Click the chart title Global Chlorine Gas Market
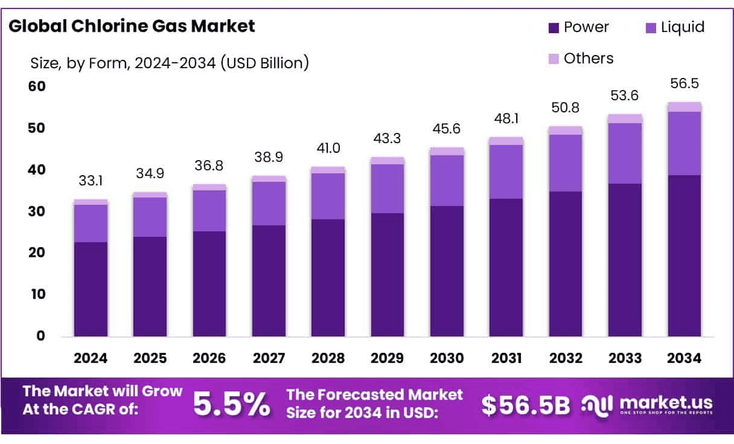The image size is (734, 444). click(x=132, y=26)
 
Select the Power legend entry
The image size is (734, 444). click(x=578, y=27)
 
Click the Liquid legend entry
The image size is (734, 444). click(x=674, y=27)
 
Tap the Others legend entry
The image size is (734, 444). click(x=581, y=59)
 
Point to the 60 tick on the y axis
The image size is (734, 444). click(x=37, y=86)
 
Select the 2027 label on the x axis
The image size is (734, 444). click(x=269, y=358)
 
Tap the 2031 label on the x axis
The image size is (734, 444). click(x=506, y=358)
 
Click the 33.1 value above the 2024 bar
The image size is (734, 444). click(x=91, y=181)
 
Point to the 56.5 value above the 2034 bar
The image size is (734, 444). click(x=685, y=83)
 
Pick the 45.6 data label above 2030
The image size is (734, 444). click(x=447, y=129)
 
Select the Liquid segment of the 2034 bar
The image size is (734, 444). click(x=685, y=143)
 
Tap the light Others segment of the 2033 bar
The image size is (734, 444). click(x=625, y=118)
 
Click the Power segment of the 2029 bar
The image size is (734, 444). click(x=388, y=274)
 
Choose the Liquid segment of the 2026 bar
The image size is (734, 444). click(x=209, y=211)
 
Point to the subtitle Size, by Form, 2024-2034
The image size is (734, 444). click(x=170, y=62)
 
